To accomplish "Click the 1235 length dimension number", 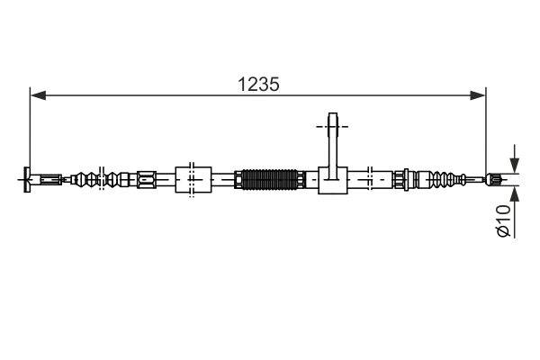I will [x=258, y=84].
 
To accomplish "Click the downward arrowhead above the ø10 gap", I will [x=513, y=166].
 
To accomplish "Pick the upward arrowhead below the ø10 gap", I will [x=513, y=192].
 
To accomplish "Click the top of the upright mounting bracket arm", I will [x=333, y=120].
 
